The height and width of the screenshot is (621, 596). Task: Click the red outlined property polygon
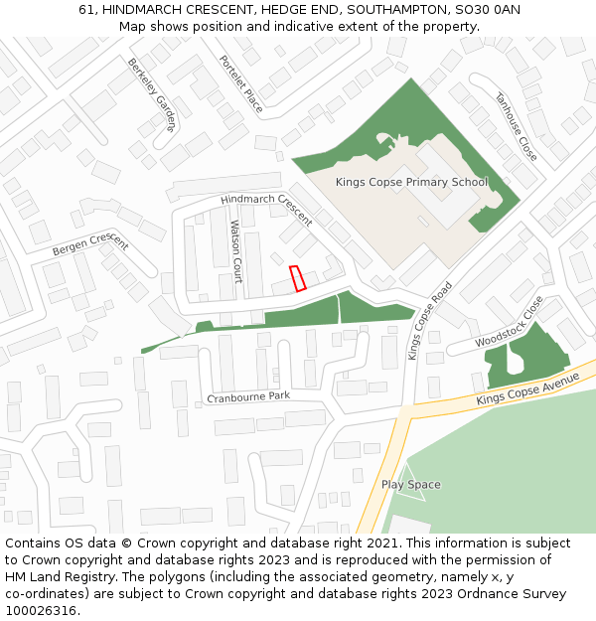pyautogui.click(x=296, y=279)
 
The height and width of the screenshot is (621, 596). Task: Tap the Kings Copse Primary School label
pyautogui.click(x=411, y=182)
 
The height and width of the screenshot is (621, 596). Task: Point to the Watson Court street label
pyautogui.click(x=236, y=251)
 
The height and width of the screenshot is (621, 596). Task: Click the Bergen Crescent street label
pyautogui.click(x=90, y=243)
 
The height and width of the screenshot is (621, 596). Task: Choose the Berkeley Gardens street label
pyautogui.click(x=150, y=94)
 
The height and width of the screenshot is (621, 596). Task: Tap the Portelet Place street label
pyautogui.click(x=241, y=83)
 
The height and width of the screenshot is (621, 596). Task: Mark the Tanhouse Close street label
pyautogui.click(x=516, y=127)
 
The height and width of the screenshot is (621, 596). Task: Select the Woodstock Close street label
pyautogui.click(x=510, y=322)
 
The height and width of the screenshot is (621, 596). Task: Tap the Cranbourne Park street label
pyautogui.click(x=248, y=396)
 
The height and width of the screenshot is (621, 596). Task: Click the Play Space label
pyautogui.click(x=410, y=485)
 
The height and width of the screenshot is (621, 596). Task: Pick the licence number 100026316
pyautogui.click(x=41, y=611)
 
